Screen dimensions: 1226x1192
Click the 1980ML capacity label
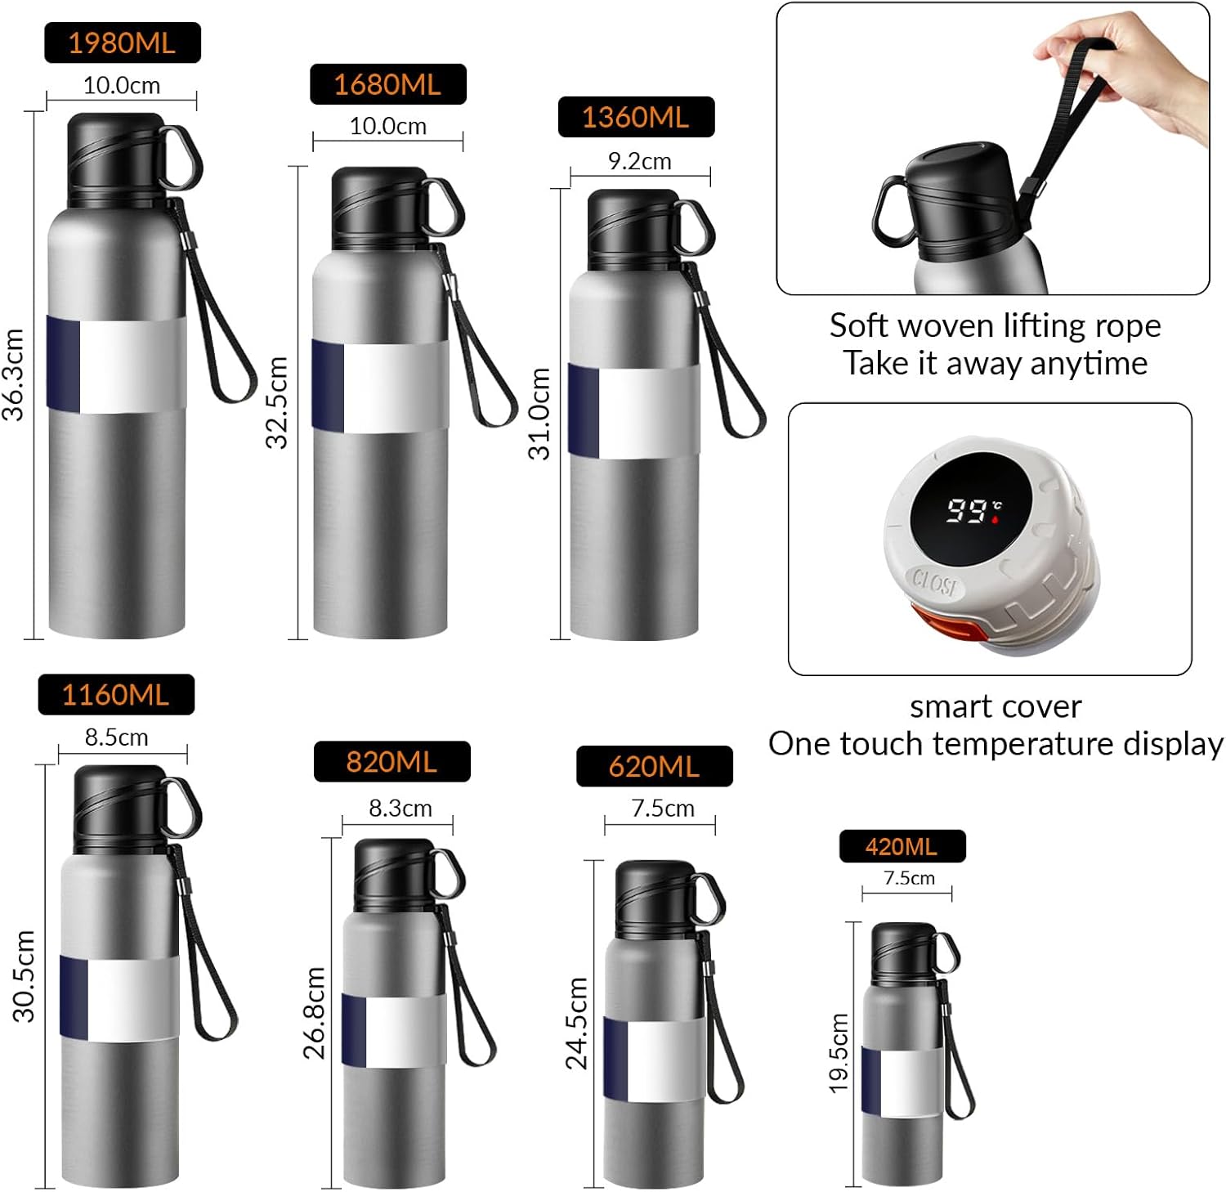[122, 43]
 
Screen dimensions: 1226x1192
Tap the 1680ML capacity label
[387, 84]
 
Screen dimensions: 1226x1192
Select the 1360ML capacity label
[636, 117]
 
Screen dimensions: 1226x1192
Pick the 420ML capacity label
[902, 846]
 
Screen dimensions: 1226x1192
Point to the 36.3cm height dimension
[15, 374]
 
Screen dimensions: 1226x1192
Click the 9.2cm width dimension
[639, 162]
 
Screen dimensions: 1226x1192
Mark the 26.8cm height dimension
[315, 1012]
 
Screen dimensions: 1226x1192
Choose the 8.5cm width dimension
[117, 737]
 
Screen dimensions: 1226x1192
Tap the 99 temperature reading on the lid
[967, 511]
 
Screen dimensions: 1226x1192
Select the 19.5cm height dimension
[840, 1053]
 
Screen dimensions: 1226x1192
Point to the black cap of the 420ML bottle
[902, 953]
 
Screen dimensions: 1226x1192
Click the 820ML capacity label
[392, 761]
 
